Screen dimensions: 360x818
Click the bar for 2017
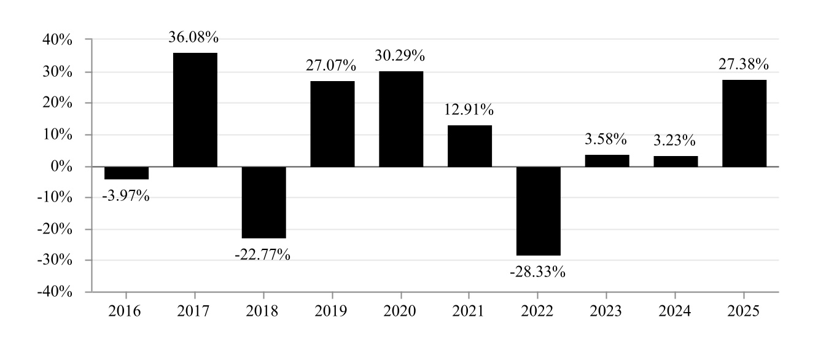click(195, 110)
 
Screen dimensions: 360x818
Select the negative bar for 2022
click(539, 211)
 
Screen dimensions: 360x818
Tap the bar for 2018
click(264, 202)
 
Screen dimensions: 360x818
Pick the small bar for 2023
click(607, 161)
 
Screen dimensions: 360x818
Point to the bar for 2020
click(401, 119)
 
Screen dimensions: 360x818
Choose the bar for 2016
click(127, 173)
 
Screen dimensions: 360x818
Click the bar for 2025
click(744, 123)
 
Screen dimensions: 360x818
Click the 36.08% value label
click(194, 38)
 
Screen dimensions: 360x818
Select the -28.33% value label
click(537, 272)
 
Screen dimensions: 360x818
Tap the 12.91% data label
click(469, 111)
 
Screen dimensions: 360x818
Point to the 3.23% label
click(675, 141)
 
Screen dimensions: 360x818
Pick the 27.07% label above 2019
click(332, 65)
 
